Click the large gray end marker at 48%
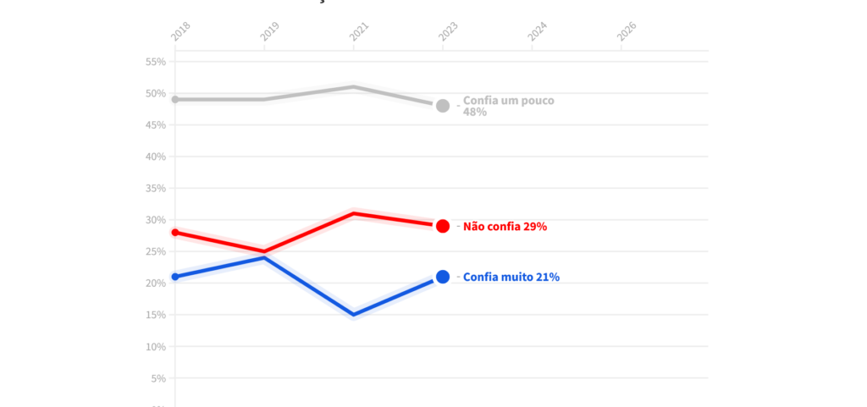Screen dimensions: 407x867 tap(442, 106)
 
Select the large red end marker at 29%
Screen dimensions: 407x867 tap(442, 226)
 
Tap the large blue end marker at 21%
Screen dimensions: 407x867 tap(442, 277)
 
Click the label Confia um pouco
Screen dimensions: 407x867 tap(508, 101)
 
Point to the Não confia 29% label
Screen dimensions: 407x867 tap(505, 227)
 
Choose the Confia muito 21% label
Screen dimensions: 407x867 tap(511, 277)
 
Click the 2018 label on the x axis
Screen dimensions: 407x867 tap(181, 31)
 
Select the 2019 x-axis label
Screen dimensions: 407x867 tap(270, 31)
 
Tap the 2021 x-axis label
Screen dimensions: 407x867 tap(359, 31)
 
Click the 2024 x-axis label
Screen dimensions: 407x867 tap(538, 31)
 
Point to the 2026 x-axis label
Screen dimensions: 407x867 tap(627, 31)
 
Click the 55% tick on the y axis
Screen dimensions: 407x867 tap(155, 62)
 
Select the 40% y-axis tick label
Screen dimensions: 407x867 tap(155, 157)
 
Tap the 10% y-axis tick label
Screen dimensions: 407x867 tap(155, 347)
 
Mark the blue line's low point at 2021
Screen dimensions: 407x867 tap(353, 315)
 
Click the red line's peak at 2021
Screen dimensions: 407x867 tap(353, 213)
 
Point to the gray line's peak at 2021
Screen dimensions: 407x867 tap(353, 86)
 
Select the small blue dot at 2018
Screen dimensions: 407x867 tap(175, 277)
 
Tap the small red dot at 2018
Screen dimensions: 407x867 tap(175, 232)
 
